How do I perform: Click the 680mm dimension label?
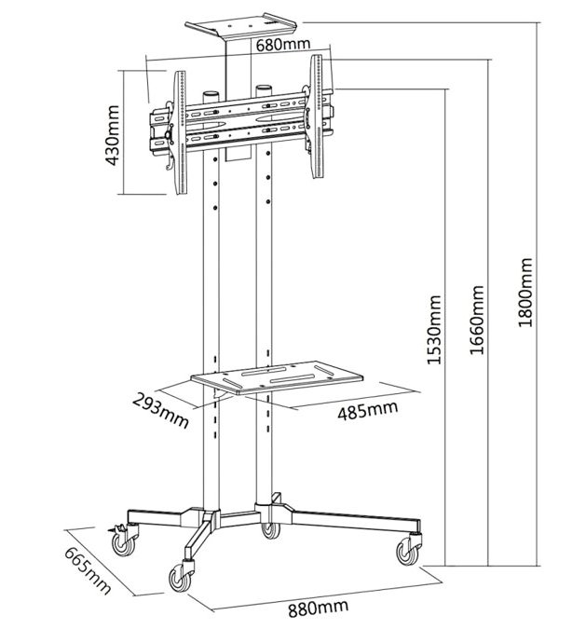(x=283, y=45)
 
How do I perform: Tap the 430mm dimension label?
(x=113, y=135)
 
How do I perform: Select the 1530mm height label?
(x=433, y=330)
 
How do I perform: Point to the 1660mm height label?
(x=477, y=320)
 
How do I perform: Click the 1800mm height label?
(x=525, y=292)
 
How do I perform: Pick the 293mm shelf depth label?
(x=160, y=411)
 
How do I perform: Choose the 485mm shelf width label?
(x=368, y=410)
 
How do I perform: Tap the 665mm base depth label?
(x=88, y=570)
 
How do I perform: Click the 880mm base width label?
(x=318, y=610)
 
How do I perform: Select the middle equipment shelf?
(x=277, y=377)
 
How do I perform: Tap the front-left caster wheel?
(x=181, y=577)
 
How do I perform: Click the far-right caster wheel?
(x=408, y=550)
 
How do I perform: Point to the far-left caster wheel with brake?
(x=123, y=540)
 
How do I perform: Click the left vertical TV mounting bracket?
(x=180, y=132)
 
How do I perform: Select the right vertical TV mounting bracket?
(x=317, y=116)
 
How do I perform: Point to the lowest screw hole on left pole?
(x=215, y=208)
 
